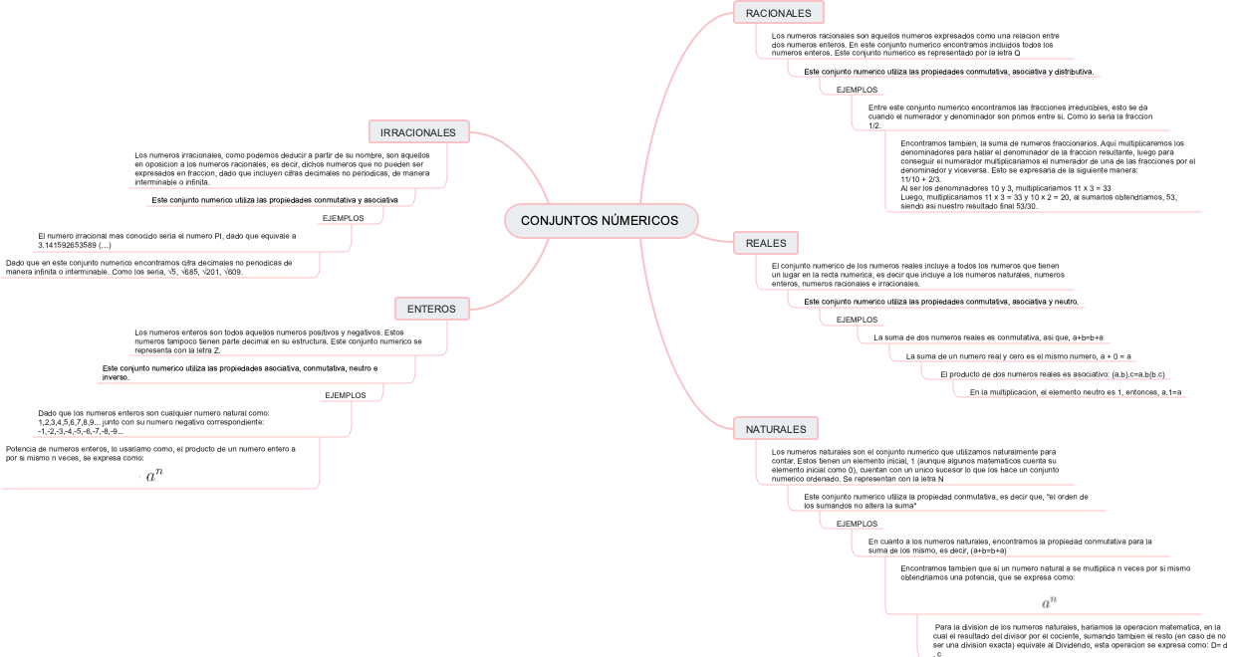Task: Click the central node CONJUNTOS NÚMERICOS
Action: [600, 220]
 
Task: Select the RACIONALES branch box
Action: [778, 13]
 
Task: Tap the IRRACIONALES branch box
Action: [418, 132]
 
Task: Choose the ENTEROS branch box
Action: [431, 309]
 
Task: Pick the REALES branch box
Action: [766, 243]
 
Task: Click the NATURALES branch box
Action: [776, 429]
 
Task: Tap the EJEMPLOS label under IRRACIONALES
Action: [343, 218]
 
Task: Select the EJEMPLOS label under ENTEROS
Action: [346, 395]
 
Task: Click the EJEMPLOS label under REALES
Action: [857, 320]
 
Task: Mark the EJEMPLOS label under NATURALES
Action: [857, 524]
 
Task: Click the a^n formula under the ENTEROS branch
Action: [154, 477]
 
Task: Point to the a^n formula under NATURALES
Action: [1049, 602]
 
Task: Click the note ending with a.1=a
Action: [1076, 392]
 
